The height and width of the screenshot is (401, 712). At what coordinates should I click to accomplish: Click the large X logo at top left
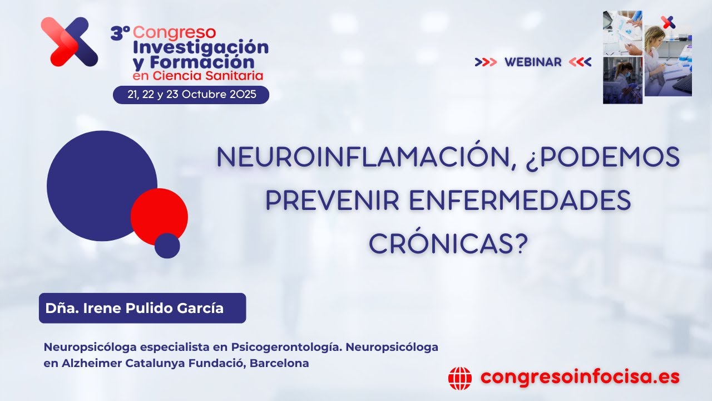tap(70, 42)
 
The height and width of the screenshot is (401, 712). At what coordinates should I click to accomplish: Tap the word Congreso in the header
tap(175, 33)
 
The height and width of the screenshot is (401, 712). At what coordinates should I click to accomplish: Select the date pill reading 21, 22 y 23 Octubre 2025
tap(191, 95)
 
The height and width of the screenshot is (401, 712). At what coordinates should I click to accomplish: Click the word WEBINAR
tap(533, 62)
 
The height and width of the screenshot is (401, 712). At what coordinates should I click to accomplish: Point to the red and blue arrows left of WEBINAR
tap(486, 62)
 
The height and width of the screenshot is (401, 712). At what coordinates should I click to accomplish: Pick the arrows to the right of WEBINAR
tap(580, 62)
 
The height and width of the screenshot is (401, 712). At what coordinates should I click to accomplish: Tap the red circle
tap(159, 217)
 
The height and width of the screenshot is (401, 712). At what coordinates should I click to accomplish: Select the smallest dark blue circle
tap(167, 246)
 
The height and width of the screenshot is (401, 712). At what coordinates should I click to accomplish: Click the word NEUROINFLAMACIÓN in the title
tap(364, 158)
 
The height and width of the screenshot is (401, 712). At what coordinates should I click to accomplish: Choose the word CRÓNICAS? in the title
tap(448, 243)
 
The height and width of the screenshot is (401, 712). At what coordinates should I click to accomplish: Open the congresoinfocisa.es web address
tap(580, 377)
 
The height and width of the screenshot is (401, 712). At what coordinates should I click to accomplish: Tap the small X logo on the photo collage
tap(667, 22)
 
